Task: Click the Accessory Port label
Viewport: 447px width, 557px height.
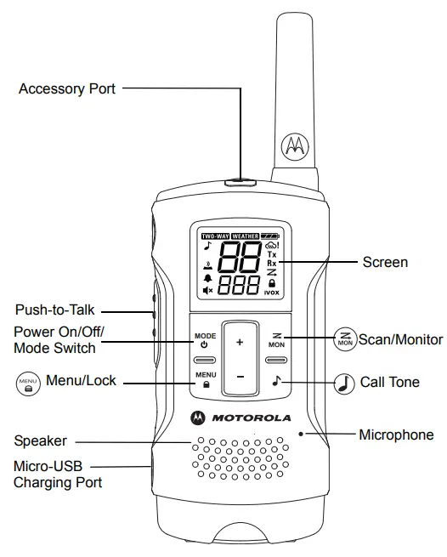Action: (67, 88)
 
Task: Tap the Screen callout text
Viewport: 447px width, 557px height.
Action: (385, 262)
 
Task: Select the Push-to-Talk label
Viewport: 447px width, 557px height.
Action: (53, 308)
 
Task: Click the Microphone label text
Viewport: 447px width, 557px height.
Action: (395, 435)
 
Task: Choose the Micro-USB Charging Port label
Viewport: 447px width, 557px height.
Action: (58, 474)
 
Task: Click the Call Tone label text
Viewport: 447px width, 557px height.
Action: (389, 382)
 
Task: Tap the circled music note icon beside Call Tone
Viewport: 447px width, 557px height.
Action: (345, 383)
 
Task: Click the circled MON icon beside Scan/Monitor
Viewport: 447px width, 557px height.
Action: (344, 339)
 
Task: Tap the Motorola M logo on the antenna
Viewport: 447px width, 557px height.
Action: (295, 146)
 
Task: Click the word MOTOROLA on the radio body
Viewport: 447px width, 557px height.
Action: (250, 418)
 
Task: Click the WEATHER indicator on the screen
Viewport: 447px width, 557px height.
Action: (245, 234)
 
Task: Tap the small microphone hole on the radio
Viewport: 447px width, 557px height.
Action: (301, 433)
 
